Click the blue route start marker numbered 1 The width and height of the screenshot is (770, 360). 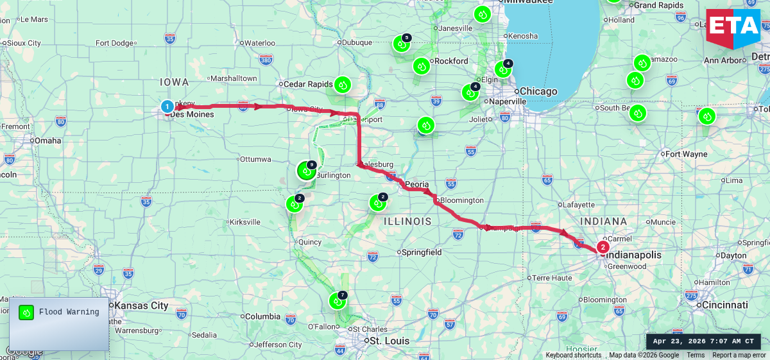[x=167, y=107]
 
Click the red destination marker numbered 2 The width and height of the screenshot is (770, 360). [x=603, y=247]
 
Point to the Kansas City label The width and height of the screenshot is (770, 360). [x=141, y=305]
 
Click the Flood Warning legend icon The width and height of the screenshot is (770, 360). [x=26, y=313]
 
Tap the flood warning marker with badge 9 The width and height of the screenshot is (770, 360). [x=306, y=171]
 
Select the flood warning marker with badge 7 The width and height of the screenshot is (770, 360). [x=338, y=300]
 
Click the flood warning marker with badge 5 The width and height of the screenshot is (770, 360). [x=401, y=44]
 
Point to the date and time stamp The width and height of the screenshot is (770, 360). [x=703, y=341]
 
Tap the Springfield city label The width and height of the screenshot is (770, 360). [x=421, y=252]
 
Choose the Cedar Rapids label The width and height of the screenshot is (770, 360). [x=308, y=84]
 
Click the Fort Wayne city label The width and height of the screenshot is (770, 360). [x=687, y=154]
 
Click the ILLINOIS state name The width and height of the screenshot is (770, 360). [x=407, y=221]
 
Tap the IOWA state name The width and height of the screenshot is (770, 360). [x=175, y=82]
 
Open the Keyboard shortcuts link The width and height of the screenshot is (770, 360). [x=574, y=356]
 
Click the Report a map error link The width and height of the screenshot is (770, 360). [x=739, y=356]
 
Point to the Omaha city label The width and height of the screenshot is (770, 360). [x=47, y=141]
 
